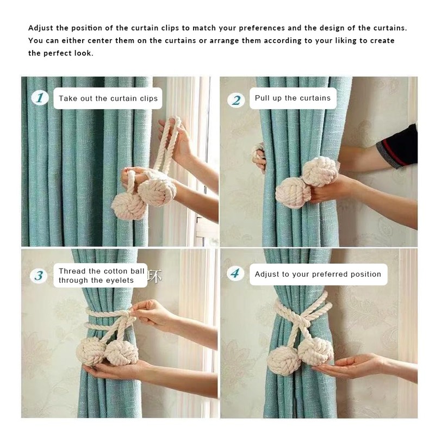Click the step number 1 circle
pyautogui.click(x=40, y=98)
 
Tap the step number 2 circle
pyautogui.click(x=236, y=100)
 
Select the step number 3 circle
pyautogui.click(x=39, y=276)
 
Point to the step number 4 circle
pyautogui.click(x=235, y=274)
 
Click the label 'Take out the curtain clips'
pyautogui.click(x=108, y=98)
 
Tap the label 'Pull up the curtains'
pyautogui.click(x=293, y=98)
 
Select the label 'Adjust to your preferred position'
pyautogui.click(x=318, y=274)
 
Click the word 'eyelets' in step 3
pyautogui.click(x=119, y=280)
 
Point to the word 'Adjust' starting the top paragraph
pyautogui.click(x=41, y=28)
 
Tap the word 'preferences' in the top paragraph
pyautogui.click(x=262, y=28)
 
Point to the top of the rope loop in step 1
pyautogui.click(x=175, y=119)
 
